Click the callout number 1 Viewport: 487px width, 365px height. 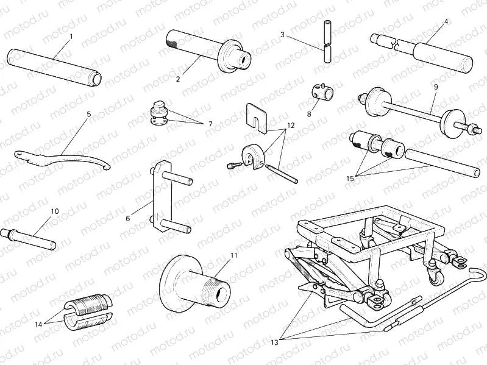click(71, 37)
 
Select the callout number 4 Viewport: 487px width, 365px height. click(446, 21)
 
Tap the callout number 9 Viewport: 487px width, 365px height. click(436, 87)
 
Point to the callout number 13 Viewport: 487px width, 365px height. click(274, 343)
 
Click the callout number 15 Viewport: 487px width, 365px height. click(350, 179)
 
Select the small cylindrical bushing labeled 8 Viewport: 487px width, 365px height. click(323, 93)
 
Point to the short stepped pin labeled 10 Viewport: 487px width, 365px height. click(30, 235)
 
